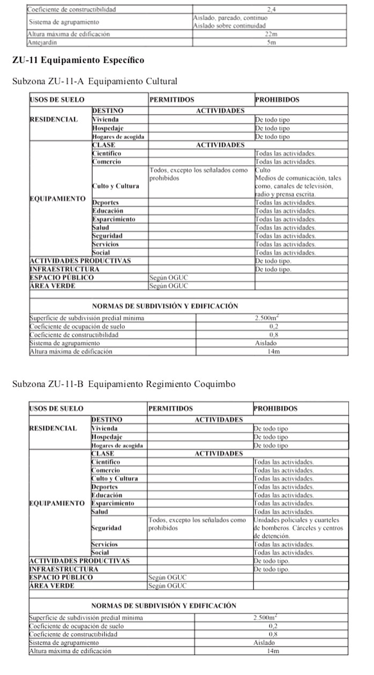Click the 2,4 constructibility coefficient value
coord(271,10)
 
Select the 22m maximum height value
coord(271,34)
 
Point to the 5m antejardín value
coord(271,42)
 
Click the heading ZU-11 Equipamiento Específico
coord(78,60)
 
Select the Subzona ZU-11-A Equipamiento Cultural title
coord(94,81)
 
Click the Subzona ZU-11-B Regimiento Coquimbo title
coord(123,384)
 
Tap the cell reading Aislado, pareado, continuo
coord(230,18)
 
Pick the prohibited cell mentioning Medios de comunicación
coord(298,182)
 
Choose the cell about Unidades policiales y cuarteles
coord(298,528)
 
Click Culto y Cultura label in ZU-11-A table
coord(116,186)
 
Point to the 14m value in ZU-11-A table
coord(274,352)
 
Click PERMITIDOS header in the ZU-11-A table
coord(171,100)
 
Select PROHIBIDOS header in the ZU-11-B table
coord(275,409)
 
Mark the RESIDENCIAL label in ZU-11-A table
coord(54,120)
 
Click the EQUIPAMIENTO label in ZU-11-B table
coord(56,503)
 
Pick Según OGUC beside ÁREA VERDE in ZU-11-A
coord(169,286)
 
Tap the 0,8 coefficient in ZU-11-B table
coord(273,634)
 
